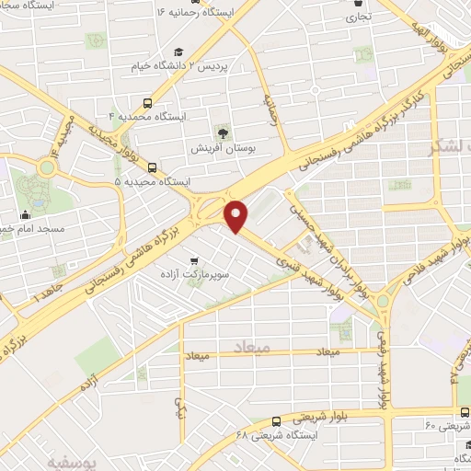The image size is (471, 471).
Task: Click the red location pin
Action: [x=237, y=215]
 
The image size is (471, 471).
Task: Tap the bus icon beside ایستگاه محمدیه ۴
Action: [x=148, y=104]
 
